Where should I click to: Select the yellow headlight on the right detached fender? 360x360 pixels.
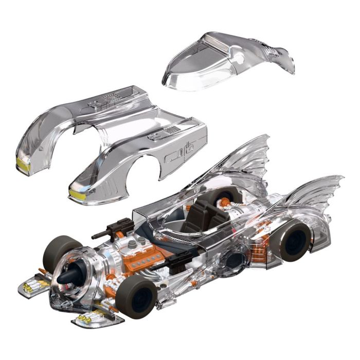77,193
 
